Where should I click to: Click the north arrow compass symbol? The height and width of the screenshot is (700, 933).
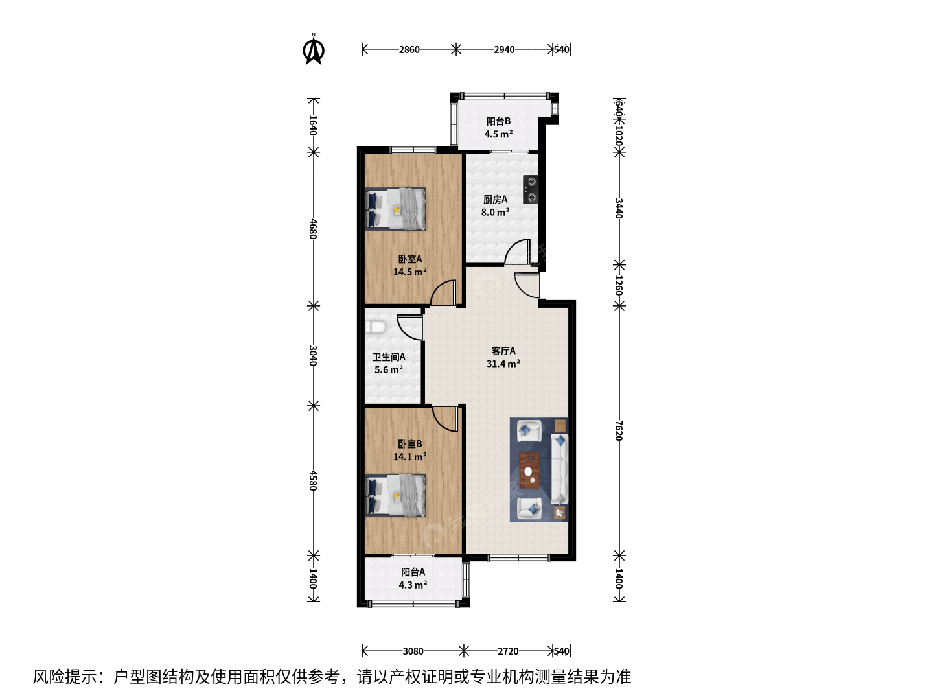tap(314, 49)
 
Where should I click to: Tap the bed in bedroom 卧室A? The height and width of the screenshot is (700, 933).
tap(395, 209)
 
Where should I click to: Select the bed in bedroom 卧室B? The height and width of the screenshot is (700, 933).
tap(395, 496)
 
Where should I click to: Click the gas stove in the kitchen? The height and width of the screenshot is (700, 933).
tap(531, 189)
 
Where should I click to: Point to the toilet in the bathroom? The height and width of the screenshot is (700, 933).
tap(375, 327)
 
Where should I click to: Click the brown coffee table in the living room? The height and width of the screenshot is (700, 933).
tap(529, 470)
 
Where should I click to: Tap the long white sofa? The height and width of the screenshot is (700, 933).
tap(559, 469)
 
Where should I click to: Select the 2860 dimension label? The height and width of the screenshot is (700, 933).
tap(409, 50)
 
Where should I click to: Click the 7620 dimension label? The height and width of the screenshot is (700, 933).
tap(619, 430)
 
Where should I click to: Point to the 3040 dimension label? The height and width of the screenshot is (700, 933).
tap(313, 355)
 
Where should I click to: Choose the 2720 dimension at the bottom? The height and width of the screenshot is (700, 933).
tap(508, 651)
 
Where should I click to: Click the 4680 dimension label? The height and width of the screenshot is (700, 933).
tap(313, 229)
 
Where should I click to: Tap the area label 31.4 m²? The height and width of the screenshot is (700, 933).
tap(503, 364)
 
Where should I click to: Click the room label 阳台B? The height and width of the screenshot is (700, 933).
tap(499, 121)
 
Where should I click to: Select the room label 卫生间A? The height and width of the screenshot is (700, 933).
tap(389, 357)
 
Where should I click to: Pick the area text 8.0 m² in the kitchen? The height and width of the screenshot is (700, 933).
tap(496, 212)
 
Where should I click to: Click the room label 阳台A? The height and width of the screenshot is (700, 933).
tap(413, 572)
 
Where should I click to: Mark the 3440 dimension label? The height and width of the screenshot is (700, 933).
tap(619, 208)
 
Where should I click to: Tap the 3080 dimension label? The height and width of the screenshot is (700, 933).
tap(413, 651)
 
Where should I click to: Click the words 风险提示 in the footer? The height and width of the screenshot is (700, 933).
tap(65, 677)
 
